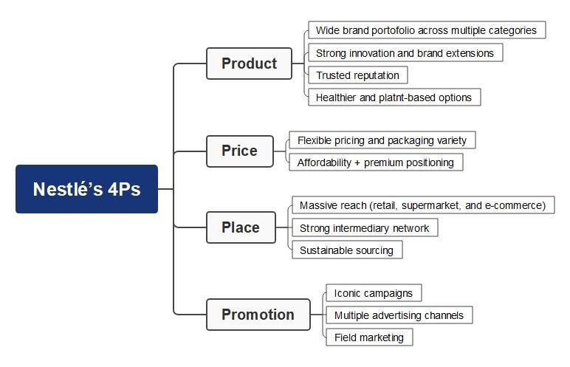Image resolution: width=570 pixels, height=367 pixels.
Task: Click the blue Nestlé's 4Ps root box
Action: [x=86, y=189]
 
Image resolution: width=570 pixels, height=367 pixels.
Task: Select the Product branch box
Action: [x=250, y=64]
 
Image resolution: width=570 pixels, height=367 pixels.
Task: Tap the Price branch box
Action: [x=239, y=151]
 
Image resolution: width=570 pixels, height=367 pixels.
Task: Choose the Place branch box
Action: [x=241, y=227]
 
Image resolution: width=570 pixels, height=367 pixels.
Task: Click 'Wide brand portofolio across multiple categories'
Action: [x=427, y=30]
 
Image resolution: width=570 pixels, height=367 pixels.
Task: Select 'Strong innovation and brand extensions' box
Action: [x=405, y=53]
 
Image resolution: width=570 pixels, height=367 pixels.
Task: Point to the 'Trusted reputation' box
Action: [x=357, y=75]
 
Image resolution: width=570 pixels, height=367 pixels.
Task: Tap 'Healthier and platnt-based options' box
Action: [x=394, y=97]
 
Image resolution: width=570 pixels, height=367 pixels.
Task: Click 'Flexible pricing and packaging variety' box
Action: [x=382, y=140]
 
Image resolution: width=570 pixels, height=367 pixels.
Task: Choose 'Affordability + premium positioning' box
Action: [x=376, y=162]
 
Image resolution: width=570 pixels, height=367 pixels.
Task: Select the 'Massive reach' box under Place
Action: [x=422, y=205]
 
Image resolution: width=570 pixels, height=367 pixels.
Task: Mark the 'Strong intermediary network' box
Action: [x=364, y=228]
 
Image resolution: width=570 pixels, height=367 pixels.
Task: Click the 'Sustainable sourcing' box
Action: [x=346, y=250]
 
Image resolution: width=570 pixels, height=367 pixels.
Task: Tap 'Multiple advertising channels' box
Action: [x=399, y=315]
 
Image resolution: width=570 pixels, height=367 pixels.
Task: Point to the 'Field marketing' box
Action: [x=368, y=337]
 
